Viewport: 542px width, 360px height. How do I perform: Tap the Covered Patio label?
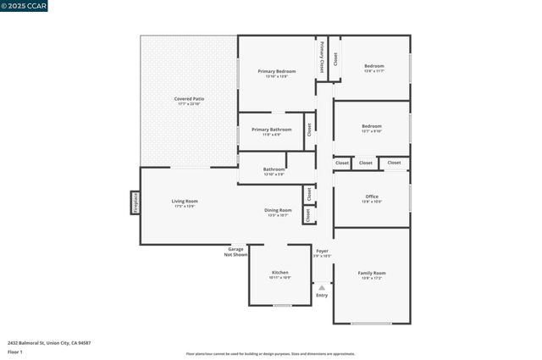click(189, 99)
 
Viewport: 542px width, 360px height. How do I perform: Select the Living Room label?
click(184, 201)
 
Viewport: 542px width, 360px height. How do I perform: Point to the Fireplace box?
click(135, 203)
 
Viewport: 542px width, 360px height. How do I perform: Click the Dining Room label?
click(279, 209)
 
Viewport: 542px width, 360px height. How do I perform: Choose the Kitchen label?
click(279, 272)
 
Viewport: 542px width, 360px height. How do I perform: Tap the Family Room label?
click(373, 272)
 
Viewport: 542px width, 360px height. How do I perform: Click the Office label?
click(372, 197)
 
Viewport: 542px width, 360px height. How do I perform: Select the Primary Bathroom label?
click(271, 129)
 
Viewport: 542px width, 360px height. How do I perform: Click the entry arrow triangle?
click(322, 287)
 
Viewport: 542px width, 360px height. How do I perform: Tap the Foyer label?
click(322, 251)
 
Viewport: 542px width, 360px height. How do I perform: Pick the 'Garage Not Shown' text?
click(235, 252)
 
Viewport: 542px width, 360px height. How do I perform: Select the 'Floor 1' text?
click(14, 351)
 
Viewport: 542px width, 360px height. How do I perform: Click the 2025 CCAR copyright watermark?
click(25, 6)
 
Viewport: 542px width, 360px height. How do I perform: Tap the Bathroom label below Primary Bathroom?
click(274, 169)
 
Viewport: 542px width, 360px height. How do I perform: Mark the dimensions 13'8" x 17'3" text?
click(373, 278)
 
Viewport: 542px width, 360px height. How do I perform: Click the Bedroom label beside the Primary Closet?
click(373, 65)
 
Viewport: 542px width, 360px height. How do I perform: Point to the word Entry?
click(322, 295)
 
